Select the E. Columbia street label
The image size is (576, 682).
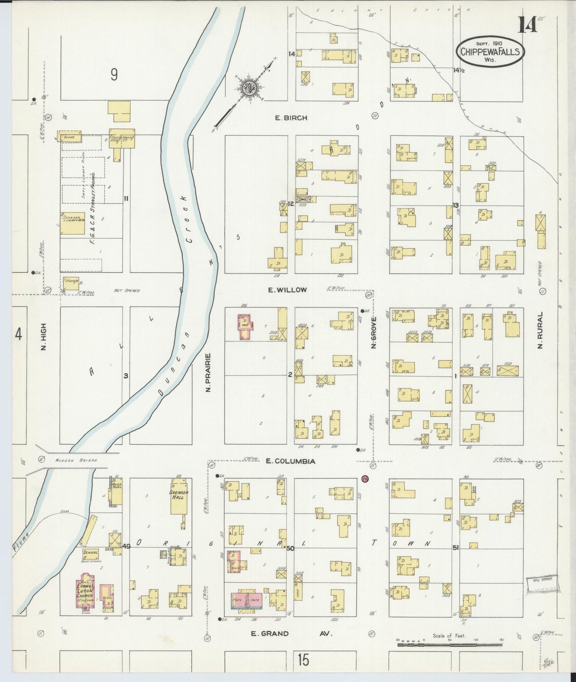pos(291,461)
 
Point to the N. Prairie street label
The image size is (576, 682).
pos(208,372)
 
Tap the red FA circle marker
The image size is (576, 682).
pos(364,478)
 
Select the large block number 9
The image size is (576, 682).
pos(114,75)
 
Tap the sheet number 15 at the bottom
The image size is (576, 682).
pos(303,660)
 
